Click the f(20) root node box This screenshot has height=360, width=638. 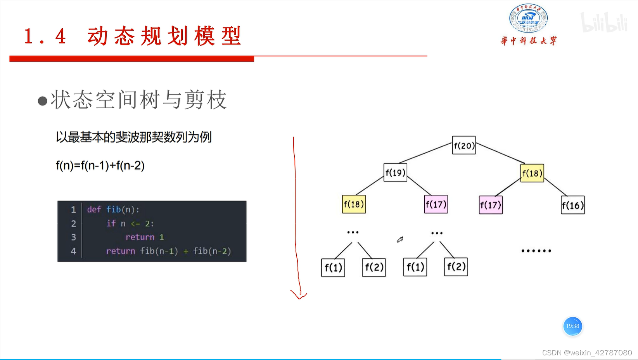[463, 145]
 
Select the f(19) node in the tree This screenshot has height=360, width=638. [395, 173]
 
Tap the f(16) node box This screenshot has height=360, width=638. [572, 205]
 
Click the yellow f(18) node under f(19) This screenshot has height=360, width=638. [354, 204]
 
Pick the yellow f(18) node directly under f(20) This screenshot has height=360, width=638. [532, 173]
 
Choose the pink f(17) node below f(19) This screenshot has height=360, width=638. [436, 204]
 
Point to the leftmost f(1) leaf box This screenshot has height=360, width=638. [333, 267]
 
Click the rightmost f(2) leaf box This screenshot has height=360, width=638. [456, 267]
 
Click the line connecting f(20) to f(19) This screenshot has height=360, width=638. [425, 152]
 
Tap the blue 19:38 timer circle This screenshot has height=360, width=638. [572, 326]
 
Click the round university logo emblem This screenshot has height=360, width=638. [528, 18]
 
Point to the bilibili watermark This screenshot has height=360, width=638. [603, 22]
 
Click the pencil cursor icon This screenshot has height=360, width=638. [400, 240]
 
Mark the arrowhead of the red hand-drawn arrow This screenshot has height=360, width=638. [299, 297]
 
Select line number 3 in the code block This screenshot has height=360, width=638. [73, 237]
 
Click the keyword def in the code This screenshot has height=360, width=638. [94, 209]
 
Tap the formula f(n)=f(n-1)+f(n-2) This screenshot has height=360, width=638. [100, 166]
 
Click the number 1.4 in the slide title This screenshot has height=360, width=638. [45, 36]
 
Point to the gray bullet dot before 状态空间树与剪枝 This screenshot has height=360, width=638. [42, 101]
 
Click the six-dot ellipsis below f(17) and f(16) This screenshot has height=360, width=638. [536, 251]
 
